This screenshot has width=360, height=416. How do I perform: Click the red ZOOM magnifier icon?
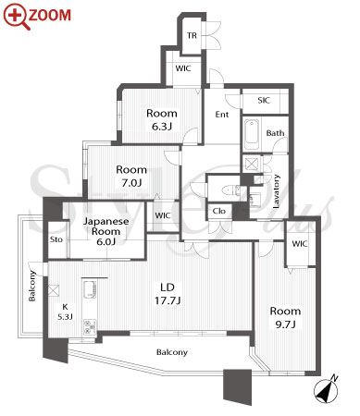(16, 17)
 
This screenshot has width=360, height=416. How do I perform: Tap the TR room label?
(192, 35)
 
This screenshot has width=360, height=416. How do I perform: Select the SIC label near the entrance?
(264, 100)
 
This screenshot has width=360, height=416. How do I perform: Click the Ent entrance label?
(222, 115)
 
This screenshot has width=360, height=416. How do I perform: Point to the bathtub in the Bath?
(252, 135)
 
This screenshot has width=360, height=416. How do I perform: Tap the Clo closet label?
(219, 211)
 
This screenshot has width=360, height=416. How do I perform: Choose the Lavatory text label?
(276, 191)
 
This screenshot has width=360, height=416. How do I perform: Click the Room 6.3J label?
(162, 119)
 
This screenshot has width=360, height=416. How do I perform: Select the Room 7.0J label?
(131, 176)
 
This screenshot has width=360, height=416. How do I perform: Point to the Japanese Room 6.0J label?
(106, 231)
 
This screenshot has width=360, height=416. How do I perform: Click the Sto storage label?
(56, 239)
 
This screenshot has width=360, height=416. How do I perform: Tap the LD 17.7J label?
(168, 294)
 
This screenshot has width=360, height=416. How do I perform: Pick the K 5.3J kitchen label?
(65, 312)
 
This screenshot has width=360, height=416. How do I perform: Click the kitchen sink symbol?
(90, 289)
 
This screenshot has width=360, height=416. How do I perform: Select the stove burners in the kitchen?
(90, 327)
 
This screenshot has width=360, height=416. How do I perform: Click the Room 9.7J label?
(285, 317)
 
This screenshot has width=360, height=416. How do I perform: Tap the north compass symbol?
(326, 390)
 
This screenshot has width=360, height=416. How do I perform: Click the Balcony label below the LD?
(172, 352)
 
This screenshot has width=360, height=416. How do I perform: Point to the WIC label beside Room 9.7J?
(300, 244)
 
